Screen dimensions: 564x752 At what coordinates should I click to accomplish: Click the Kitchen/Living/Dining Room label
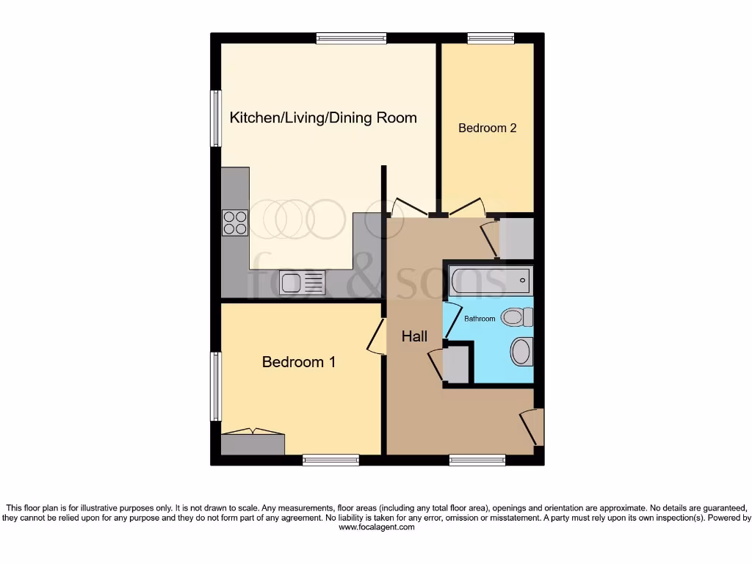click(x=323, y=117)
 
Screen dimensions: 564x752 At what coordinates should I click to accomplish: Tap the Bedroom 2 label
click(x=488, y=128)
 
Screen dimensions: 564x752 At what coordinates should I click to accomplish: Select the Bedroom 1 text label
click(x=299, y=362)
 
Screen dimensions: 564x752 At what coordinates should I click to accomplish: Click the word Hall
click(x=414, y=337)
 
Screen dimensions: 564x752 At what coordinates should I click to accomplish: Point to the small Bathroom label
click(x=480, y=319)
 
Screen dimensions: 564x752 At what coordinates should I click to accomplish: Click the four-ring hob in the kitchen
click(x=235, y=223)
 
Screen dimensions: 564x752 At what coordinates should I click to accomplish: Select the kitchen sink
click(x=302, y=283)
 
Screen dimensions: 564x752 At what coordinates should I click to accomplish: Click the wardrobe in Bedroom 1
click(x=253, y=444)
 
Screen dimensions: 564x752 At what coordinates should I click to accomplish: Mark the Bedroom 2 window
click(x=491, y=38)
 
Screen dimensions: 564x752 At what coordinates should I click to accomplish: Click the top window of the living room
click(x=351, y=38)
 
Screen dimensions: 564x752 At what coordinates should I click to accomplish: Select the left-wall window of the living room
click(x=216, y=118)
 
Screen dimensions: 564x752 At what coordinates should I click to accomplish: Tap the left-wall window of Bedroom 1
click(x=216, y=386)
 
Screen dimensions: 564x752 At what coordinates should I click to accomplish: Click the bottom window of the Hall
click(x=477, y=460)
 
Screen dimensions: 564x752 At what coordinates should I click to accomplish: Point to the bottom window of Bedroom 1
click(x=330, y=460)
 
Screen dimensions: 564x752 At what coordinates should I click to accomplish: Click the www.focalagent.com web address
click(x=376, y=527)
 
